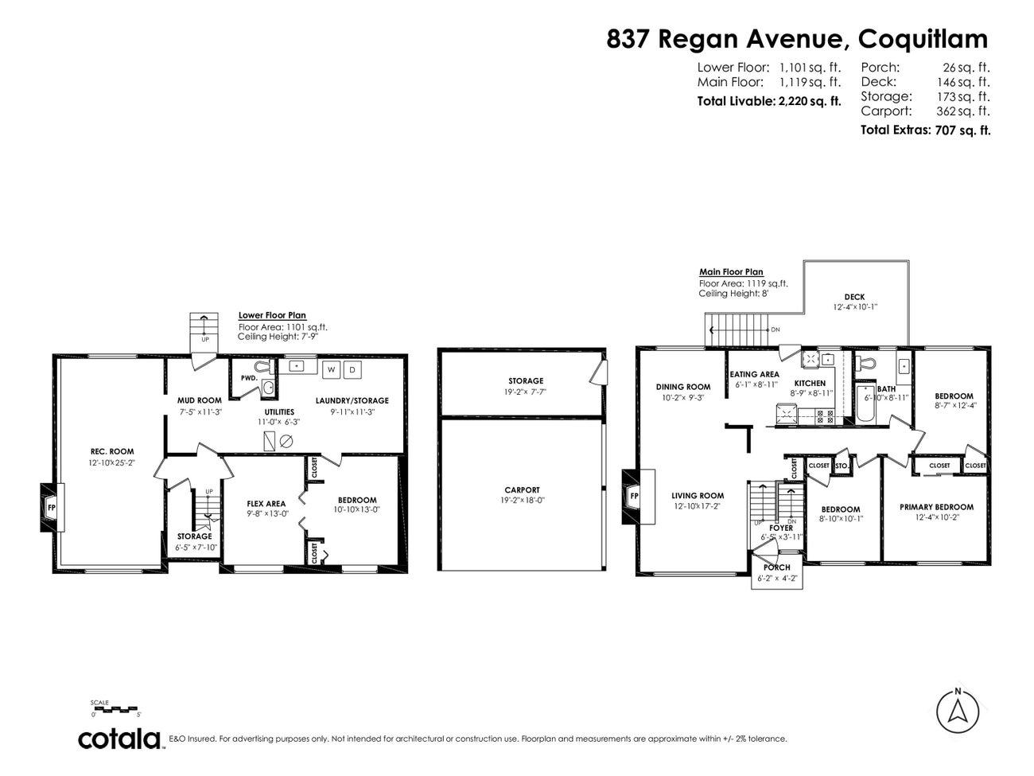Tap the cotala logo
[120, 739]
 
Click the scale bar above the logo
[115, 709]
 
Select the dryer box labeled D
[352, 370]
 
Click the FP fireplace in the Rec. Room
[52, 507]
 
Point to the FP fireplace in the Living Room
[634, 495]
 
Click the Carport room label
[522, 490]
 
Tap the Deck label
[855, 297]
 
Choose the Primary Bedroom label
[936, 507]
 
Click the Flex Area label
[266, 504]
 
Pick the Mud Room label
[199, 400]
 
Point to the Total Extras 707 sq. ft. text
[925, 130]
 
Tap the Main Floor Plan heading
[731, 271]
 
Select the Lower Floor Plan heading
[272, 315]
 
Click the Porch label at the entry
[776, 567]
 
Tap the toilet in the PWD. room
[268, 388]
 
